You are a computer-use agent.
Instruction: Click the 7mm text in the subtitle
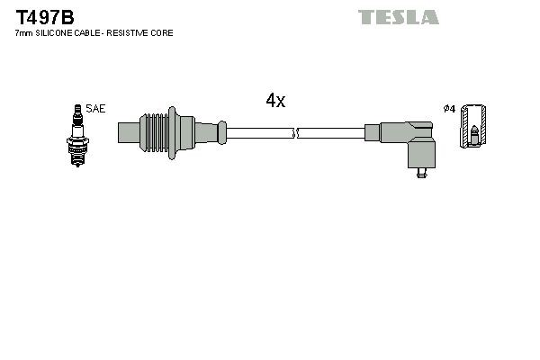[x=24, y=33]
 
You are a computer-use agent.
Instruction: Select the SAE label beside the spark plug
[x=96, y=109]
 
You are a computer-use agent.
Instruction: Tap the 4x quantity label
[x=275, y=102]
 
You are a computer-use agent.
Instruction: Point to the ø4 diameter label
[x=449, y=109]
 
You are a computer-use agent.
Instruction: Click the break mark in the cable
[x=295, y=134]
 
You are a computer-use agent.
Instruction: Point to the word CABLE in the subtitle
[x=90, y=33]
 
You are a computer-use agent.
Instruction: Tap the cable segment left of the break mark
[x=260, y=134]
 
